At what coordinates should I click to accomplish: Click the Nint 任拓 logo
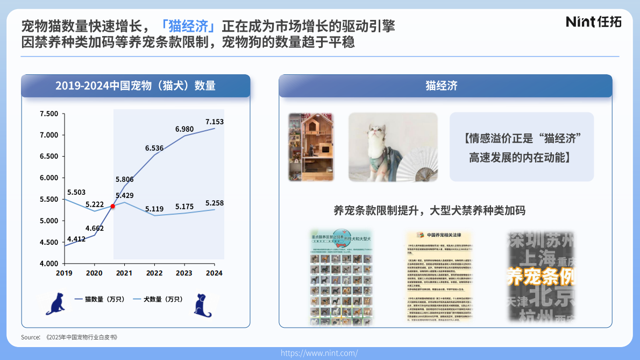pos(593,22)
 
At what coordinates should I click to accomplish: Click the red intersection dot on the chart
pos(112,206)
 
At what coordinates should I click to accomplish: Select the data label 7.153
pos(214,122)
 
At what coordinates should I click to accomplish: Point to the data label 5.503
pos(76,192)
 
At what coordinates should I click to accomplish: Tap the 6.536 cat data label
pos(154,147)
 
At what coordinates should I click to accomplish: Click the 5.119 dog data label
pos(154,209)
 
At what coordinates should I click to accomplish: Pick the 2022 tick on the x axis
pos(154,273)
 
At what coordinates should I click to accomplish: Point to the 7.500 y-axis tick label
pos(49,114)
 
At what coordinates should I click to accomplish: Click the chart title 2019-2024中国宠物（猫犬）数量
pos(136,86)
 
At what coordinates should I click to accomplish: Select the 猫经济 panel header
pos(445,86)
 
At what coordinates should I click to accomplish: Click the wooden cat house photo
pos(311,146)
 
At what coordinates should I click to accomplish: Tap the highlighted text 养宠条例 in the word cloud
pos(541,277)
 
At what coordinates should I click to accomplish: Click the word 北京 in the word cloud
pos(551,295)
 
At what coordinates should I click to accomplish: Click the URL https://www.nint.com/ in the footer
pos(319,353)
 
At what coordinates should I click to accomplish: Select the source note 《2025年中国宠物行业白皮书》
pos(81,337)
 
